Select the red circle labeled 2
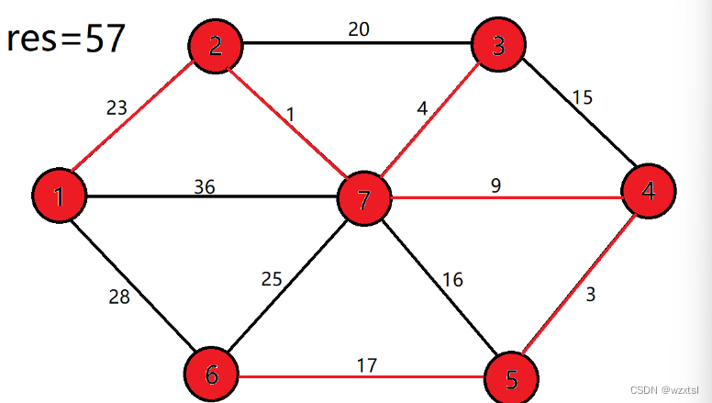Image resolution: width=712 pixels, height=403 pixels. (215, 44)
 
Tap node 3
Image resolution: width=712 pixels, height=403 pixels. (498, 43)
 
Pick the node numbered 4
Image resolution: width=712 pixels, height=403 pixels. (649, 192)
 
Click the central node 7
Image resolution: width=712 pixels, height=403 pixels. (364, 199)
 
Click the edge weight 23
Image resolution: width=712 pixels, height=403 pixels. (117, 108)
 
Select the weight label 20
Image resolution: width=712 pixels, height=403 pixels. (359, 29)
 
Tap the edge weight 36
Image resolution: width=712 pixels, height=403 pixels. (205, 186)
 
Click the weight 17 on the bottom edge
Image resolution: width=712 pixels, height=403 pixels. (367, 365)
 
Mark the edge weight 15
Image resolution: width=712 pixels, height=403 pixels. (584, 96)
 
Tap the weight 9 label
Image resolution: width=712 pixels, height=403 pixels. (495, 185)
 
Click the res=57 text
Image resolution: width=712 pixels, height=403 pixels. (65, 39)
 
